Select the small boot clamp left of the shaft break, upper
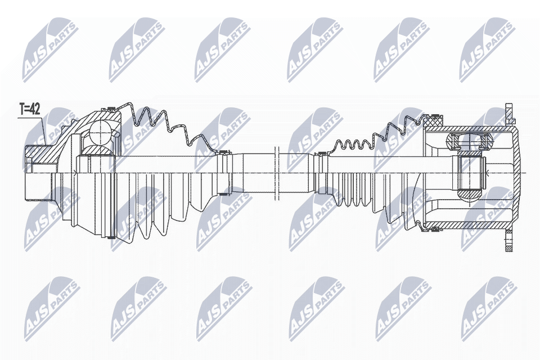226,152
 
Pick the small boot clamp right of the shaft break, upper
322,153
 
